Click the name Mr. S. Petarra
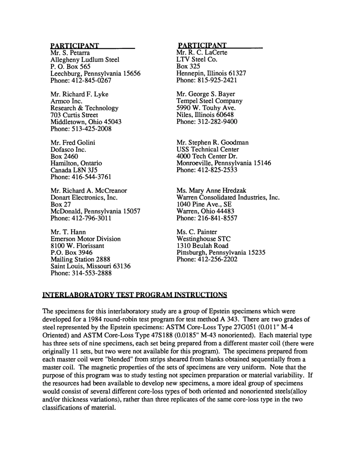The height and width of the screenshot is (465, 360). point(70,53)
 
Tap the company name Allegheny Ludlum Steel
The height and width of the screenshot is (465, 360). point(85,60)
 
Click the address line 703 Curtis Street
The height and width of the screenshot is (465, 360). point(74,115)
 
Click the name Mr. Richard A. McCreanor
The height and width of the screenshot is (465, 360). point(89,191)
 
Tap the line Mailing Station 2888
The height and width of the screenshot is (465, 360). point(80,259)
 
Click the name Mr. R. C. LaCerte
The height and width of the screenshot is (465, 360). point(202,53)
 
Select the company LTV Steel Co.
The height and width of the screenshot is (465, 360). point(197,60)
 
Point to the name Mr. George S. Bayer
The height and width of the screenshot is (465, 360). point(206,94)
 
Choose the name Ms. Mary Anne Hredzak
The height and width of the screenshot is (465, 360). point(211,191)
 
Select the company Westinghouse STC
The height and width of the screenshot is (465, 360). point(203,239)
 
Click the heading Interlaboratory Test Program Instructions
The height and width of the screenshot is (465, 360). point(135,295)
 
